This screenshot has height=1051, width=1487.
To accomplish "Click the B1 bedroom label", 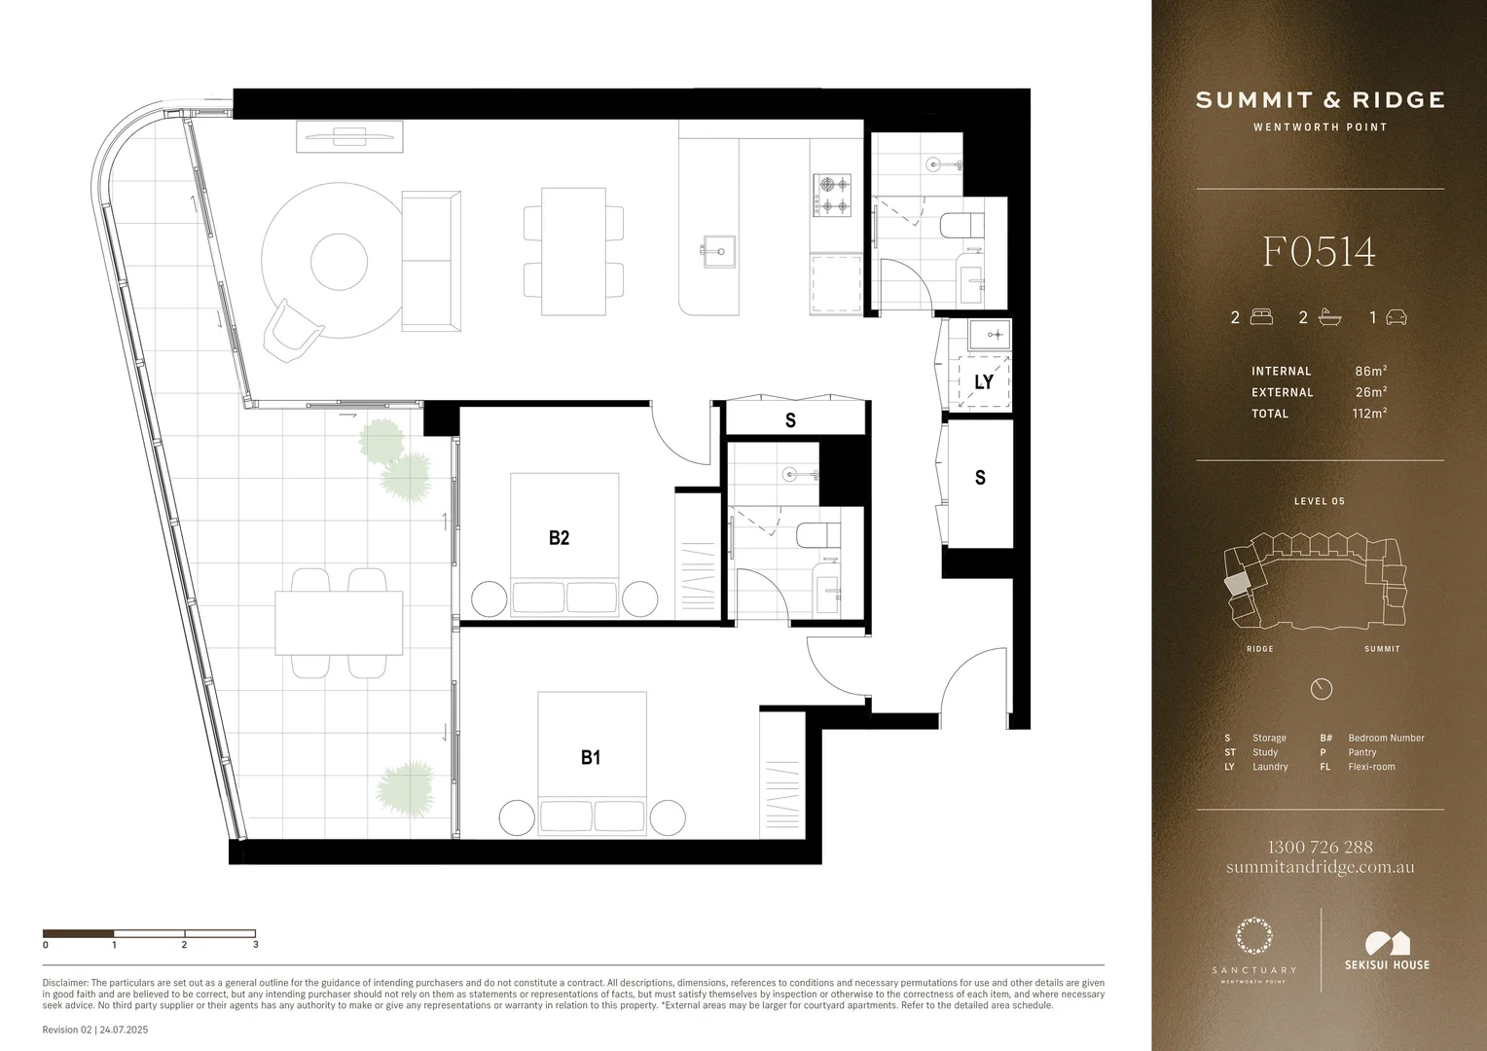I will (591, 757).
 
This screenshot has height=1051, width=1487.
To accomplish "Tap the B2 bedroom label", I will (559, 537).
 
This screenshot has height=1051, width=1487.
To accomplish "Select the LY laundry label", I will (984, 381).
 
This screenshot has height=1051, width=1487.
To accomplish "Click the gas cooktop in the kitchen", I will (832, 194).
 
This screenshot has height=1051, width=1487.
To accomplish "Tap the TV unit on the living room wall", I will (349, 136).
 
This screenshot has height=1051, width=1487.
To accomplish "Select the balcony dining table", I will (339, 623).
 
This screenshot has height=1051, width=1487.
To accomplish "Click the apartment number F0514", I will (1319, 252).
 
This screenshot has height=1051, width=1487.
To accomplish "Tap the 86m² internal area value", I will (1370, 371).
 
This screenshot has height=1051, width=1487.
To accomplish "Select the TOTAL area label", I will (1270, 414).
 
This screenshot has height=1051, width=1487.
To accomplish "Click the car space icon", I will (1396, 317).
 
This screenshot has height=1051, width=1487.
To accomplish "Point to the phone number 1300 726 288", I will (1320, 847).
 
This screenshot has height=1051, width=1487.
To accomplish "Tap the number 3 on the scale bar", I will (255, 944).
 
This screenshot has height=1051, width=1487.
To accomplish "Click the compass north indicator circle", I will (1321, 689).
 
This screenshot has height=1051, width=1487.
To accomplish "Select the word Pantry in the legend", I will (1361, 752).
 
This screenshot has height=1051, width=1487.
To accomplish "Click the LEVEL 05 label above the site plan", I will (1319, 501).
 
